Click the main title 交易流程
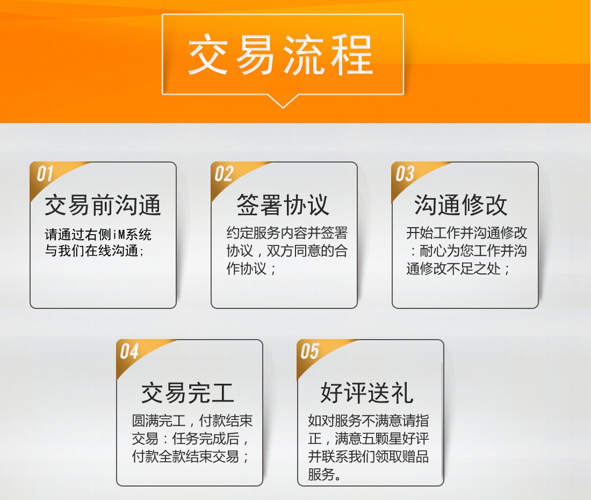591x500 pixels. click(281, 55)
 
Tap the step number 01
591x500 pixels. click(45, 174)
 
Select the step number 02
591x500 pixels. click(224, 174)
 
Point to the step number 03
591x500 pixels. click(405, 174)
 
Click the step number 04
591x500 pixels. click(129, 351)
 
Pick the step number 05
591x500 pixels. click(310, 351)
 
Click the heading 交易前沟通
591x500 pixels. click(103, 205)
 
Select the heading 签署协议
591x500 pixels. click(283, 205)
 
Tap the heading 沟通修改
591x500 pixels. click(460, 205)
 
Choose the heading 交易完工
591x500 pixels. click(188, 393)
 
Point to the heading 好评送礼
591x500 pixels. click(367, 393)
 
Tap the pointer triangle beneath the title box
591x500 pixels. click(283, 101)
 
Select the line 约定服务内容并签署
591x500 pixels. click(287, 233)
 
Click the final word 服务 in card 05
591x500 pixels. click(321, 474)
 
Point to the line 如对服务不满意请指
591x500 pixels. click(368, 421)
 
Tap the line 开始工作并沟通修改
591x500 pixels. click(466, 233)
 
